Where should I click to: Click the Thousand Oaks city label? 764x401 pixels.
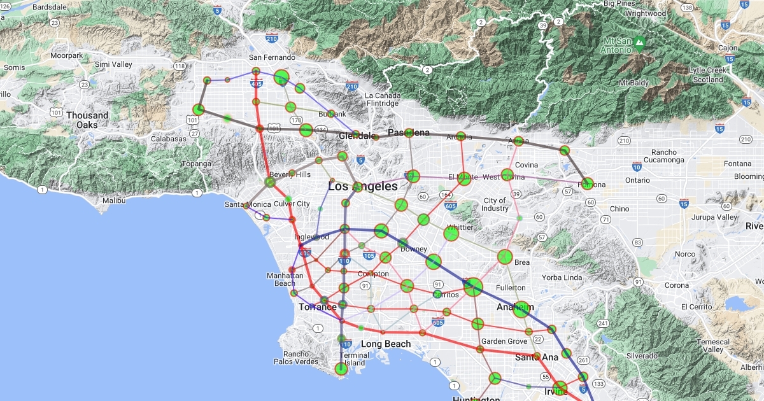tap(87, 120)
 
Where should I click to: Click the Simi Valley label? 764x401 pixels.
tap(113, 64)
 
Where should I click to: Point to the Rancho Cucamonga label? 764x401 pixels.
tap(672, 156)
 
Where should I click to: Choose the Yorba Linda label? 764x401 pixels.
tap(562, 278)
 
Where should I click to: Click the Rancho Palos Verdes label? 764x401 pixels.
tap(296, 358)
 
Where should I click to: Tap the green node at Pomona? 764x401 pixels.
tap(587, 184)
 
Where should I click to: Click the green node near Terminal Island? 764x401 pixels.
tap(341, 369)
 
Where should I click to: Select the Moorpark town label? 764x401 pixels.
tap(67, 55)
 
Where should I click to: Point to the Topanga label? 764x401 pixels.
tap(196, 164)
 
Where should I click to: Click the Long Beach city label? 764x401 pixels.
tap(386, 344)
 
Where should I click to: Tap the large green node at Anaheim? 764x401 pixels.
tap(521, 309)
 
